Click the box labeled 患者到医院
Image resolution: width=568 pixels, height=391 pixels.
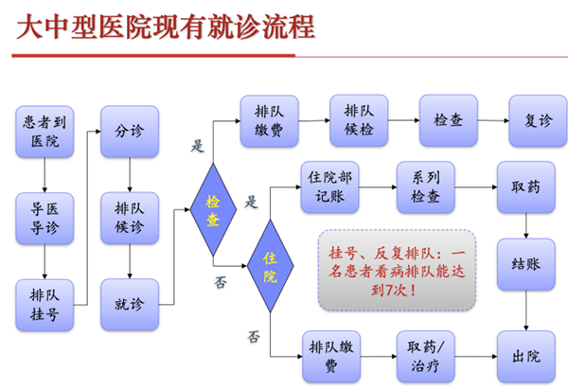coord(44,132)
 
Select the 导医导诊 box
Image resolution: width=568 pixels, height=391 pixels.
coord(44,218)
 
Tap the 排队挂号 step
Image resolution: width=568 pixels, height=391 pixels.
coord(44,305)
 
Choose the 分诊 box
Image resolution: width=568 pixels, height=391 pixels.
coord(130,132)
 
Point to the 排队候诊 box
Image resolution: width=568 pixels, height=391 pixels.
coord(130,218)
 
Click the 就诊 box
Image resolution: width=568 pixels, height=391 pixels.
coord(130,304)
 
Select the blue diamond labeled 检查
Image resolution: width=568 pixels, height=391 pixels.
coord(213,210)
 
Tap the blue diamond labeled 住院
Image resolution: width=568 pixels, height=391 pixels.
coord(270,266)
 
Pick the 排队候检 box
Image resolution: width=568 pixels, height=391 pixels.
coord(359,120)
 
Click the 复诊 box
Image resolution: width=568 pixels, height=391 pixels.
coord(538,120)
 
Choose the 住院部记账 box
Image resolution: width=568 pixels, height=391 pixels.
coord(329,187)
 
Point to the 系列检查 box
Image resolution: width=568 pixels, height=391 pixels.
coord(426,187)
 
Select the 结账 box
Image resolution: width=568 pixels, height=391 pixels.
coord(526,264)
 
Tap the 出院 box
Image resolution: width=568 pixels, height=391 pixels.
coord(526,357)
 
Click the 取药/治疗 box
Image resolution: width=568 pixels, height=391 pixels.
coord(426,356)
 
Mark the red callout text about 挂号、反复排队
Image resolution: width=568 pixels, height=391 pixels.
coord(397,271)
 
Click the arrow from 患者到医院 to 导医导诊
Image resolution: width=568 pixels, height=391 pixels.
coord(44,175)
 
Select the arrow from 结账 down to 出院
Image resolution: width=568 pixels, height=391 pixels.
coord(526,311)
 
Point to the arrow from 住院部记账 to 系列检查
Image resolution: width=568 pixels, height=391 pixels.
coord(378,187)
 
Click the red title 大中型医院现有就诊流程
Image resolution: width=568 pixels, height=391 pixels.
coord(166,27)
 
